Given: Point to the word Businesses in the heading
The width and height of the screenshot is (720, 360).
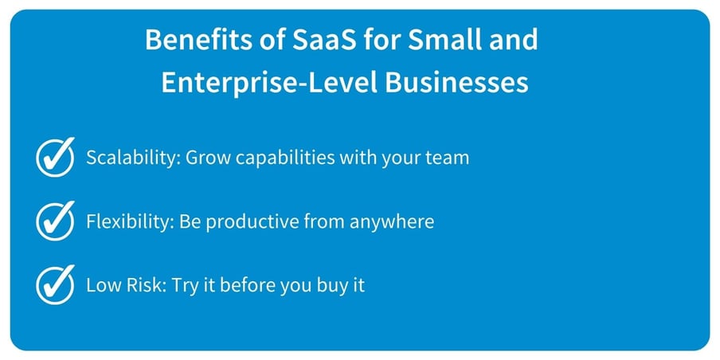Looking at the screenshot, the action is (x=457, y=83).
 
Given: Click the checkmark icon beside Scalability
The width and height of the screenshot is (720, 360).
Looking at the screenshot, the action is (x=56, y=157).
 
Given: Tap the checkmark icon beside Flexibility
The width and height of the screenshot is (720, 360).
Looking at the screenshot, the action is (x=56, y=221).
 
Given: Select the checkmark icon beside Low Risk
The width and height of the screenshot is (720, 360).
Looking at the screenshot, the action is (x=56, y=284).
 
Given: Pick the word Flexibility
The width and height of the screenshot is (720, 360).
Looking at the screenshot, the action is (x=128, y=221).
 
